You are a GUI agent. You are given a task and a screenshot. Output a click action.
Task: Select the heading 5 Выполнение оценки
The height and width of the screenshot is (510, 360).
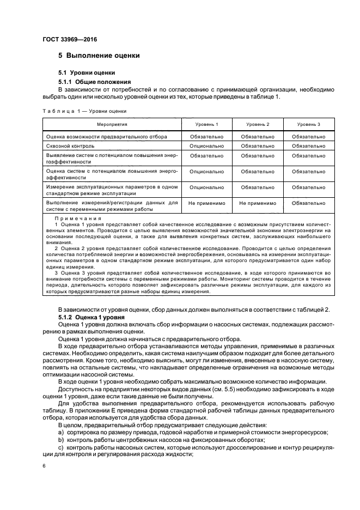(99, 56)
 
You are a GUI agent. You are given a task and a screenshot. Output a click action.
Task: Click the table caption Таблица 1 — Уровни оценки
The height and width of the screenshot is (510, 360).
(84, 111)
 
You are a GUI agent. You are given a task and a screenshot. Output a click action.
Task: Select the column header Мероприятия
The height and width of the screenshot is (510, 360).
(112, 125)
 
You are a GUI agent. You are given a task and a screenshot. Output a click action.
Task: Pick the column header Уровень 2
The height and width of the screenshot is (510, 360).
(258, 125)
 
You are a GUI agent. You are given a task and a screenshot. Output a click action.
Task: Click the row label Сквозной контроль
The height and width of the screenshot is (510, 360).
(71, 146)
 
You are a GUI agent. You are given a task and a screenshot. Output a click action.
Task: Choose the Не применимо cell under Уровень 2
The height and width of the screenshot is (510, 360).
(258, 203)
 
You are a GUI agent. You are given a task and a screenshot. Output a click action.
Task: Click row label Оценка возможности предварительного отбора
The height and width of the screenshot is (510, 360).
(107, 136)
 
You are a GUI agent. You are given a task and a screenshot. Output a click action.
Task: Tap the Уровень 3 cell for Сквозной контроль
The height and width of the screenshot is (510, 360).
(308, 146)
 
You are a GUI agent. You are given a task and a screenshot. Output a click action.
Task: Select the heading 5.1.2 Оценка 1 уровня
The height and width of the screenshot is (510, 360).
(92, 317)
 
